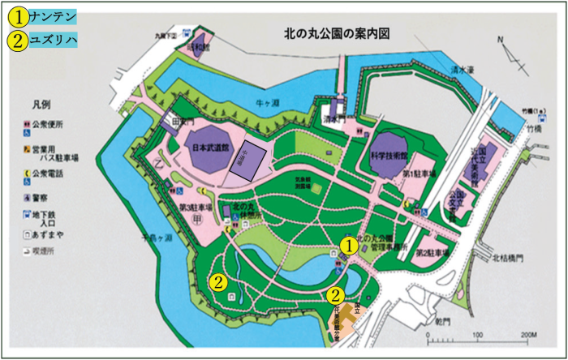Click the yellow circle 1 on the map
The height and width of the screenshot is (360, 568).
coord(348,243)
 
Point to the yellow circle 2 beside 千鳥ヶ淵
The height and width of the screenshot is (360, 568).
coord(218,282)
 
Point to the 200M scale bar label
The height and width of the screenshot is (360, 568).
coord(527,333)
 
